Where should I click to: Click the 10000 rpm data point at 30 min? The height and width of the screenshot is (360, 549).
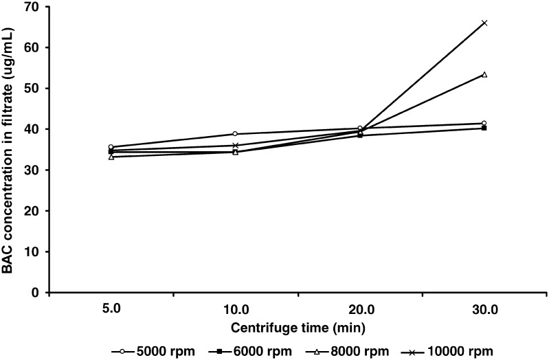(x=484, y=23)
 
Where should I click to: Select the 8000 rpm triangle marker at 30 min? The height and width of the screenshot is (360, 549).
(x=484, y=74)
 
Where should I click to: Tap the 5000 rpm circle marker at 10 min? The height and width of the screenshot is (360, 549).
(x=235, y=134)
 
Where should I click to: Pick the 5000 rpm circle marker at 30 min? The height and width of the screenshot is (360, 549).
(x=484, y=123)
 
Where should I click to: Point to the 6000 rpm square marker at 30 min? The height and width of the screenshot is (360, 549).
(x=484, y=128)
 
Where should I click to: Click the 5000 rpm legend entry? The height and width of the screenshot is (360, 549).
(x=145, y=350)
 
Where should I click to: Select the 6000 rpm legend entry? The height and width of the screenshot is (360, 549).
(x=240, y=350)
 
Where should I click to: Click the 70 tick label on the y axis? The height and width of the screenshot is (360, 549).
(x=32, y=7)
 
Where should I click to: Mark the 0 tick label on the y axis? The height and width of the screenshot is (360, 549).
(x=34, y=293)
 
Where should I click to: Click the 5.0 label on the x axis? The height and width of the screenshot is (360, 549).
(x=111, y=311)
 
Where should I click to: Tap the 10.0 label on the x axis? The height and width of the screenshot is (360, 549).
(x=235, y=311)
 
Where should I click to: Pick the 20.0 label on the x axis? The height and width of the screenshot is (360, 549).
(x=359, y=311)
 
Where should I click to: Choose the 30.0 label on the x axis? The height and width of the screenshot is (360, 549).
(x=484, y=311)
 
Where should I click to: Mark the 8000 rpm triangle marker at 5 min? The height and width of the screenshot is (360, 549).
(x=111, y=157)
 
